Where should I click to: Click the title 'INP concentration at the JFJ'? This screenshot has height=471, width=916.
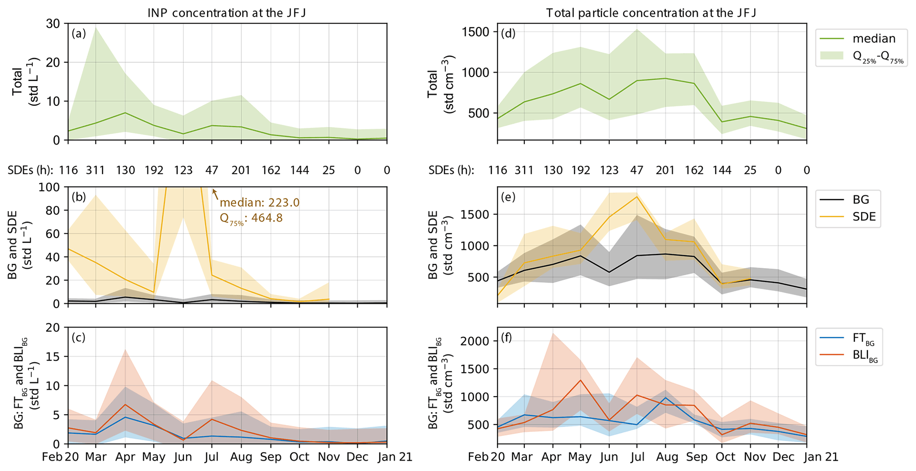(227, 13)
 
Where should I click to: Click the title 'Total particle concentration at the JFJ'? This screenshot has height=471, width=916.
(651, 13)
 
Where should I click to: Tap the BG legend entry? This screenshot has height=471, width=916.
(861, 200)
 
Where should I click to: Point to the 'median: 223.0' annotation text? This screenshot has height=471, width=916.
(260, 203)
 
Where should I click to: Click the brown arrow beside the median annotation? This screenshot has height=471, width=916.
(214, 193)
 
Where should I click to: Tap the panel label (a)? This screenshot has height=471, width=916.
(78, 34)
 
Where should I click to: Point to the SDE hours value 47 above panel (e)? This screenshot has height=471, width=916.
(636, 170)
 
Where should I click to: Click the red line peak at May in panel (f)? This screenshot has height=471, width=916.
(580, 380)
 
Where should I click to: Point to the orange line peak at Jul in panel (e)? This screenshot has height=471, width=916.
(637, 197)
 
